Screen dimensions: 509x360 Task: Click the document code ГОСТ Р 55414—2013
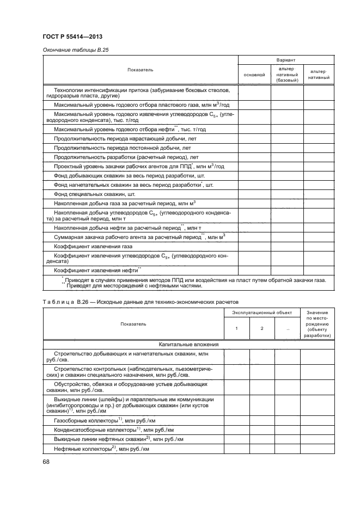(x=72, y=36)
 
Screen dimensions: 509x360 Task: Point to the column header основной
(x=254, y=75)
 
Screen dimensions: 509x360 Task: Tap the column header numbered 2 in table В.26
(x=262, y=328)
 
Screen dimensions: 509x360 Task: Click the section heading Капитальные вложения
(x=188, y=344)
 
